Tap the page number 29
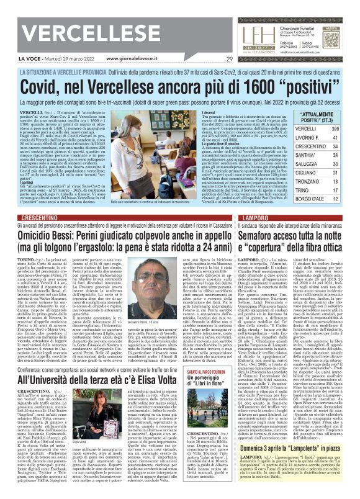click(230, 59)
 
